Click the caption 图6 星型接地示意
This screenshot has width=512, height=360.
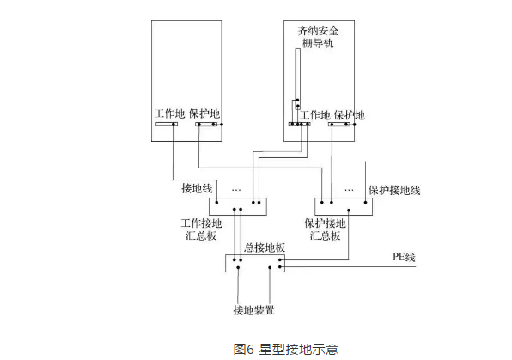(286, 349)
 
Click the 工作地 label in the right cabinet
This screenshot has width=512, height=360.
(314, 114)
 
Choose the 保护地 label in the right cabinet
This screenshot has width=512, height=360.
(349, 114)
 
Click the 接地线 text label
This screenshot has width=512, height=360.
(195, 187)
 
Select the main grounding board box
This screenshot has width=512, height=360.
(254, 263)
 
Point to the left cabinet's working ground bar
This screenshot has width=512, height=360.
(165, 125)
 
